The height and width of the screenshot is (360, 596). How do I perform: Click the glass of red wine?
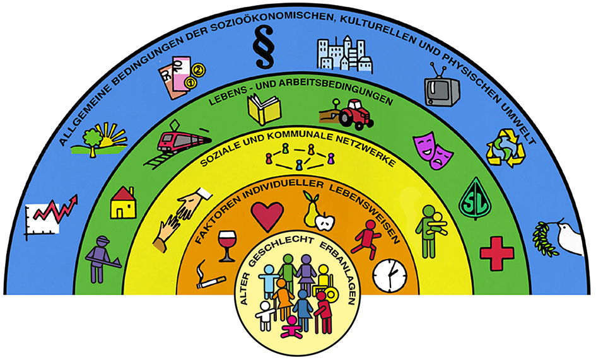225,245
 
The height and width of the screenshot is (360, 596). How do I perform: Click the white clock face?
389,276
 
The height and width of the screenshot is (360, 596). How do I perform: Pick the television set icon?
441,88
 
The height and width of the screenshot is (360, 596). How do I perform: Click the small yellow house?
123,203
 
